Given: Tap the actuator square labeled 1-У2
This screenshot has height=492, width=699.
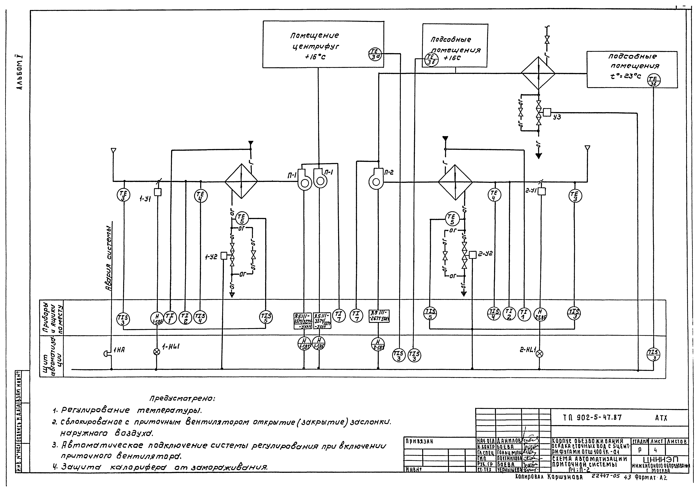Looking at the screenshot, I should [x=224, y=256].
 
